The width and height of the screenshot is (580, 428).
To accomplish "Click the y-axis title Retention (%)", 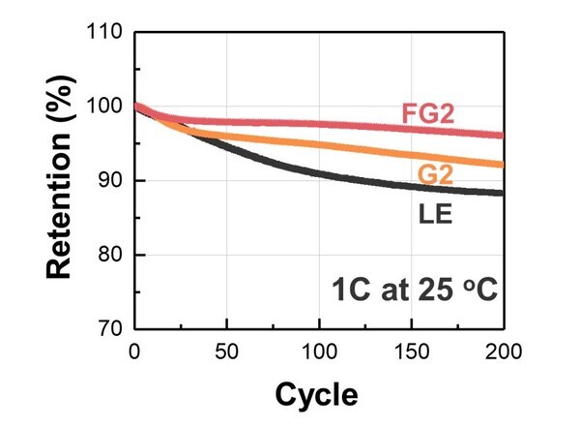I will pos(59,179).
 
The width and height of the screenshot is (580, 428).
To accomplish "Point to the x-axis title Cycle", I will pos(317,395).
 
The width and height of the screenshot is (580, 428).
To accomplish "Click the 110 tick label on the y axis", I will pos(103,32).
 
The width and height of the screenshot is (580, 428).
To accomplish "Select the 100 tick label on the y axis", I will pos(103,107).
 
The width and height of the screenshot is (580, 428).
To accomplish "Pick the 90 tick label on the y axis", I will pos(109,181).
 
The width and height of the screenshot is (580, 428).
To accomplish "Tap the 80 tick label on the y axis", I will pos(109,256).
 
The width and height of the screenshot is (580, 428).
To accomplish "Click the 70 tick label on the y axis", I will pos(109,329).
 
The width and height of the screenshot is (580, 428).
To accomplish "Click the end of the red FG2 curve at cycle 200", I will pos(503,136).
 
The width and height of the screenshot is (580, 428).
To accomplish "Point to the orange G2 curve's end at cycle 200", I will pos(503,165).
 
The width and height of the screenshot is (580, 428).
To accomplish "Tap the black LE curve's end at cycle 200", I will pos(503,193).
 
